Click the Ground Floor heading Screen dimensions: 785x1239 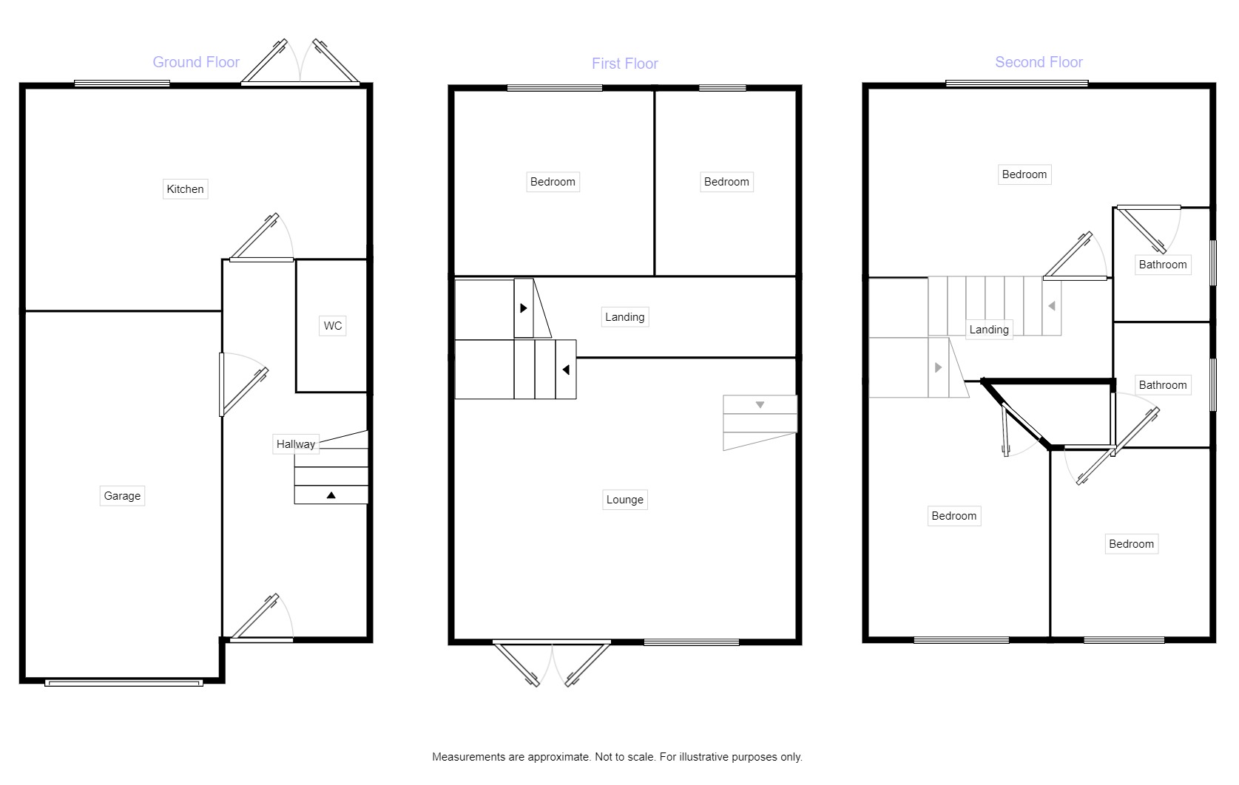tap(196, 62)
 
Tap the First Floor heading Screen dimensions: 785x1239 tap(624, 64)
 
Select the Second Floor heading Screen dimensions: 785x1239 tap(1039, 62)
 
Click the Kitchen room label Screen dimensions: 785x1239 tap(185, 189)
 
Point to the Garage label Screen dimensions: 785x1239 tap(122, 496)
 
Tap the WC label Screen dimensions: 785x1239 tap(333, 326)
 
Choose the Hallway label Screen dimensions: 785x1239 tap(296, 444)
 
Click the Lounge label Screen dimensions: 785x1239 tap(625, 500)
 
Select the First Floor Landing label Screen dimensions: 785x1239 tap(625, 317)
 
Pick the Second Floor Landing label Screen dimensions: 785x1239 tap(989, 330)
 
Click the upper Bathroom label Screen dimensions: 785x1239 tap(1163, 265)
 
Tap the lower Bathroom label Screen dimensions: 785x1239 tap(1163, 385)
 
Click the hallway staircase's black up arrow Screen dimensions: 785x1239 tap(331, 495)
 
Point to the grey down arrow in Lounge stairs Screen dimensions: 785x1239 tap(760, 405)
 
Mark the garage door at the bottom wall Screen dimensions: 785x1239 tap(124, 683)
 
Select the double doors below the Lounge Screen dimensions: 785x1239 tap(552, 663)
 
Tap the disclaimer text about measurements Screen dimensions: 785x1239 tap(617, 757)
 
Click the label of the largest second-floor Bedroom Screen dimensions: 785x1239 tap(1024, 174)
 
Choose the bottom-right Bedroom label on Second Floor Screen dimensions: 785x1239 tap(1131, 544)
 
